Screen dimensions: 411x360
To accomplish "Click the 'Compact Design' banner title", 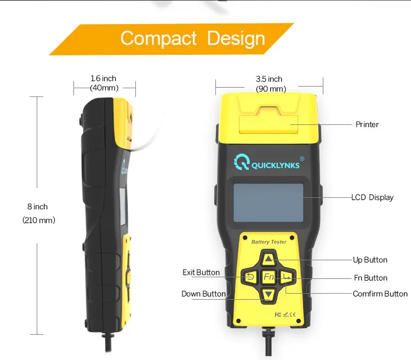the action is point(192,39).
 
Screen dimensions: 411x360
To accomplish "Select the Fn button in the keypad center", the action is point(269,277).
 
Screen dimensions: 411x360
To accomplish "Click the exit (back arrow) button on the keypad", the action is point(250,277).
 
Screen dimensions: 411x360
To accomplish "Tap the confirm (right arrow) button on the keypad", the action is point(287,277).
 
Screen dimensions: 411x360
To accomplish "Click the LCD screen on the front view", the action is point(269,203).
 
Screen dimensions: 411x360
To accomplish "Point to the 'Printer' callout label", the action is point(367,124).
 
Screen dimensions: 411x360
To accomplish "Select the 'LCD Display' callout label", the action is point(372,197).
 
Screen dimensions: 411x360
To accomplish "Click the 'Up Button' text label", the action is point(370,260).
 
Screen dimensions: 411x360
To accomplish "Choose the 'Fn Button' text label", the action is point(370,278).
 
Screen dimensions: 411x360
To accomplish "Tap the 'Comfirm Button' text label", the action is point(380,294).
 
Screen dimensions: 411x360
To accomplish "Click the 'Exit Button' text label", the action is point(201,272).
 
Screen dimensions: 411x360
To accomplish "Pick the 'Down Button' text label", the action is point(203,294).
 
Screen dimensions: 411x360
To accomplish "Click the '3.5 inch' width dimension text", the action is point(269,79).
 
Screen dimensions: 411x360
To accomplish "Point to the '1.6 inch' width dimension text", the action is point(104,79).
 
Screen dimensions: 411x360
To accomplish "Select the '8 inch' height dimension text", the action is point(37,207).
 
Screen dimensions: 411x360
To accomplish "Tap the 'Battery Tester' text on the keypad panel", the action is point(268,241).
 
